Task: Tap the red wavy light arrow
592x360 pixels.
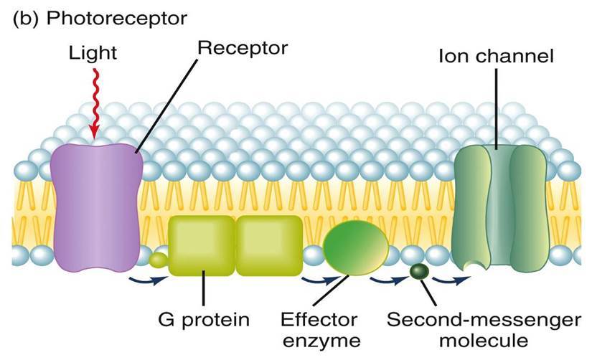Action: tap(93, 108)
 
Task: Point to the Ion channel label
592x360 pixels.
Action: tap(496, 55)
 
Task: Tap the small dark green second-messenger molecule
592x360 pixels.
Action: tap(418, 272)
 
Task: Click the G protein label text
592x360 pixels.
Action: tap(201, 319)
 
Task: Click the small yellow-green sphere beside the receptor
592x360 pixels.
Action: tap(157, 258)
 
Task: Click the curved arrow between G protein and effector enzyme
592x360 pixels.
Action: tap(314, 278)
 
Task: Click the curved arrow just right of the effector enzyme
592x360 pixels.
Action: tap(383, 278)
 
